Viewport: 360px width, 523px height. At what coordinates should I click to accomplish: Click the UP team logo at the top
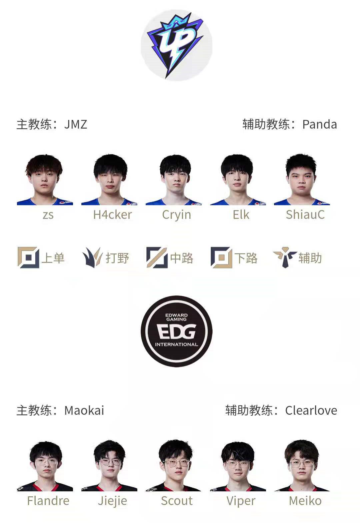coord(176,45)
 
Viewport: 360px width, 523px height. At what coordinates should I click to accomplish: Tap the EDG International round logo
coord(176,331)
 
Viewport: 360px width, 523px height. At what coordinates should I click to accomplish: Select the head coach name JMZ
coord(76,124)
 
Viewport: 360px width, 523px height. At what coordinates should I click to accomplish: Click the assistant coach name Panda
coord(319,124)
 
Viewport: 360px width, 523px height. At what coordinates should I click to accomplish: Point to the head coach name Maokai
coord(84,410)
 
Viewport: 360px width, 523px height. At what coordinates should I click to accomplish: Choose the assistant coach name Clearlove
coord(311,410)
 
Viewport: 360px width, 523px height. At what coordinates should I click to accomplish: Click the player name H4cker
coord(112,215)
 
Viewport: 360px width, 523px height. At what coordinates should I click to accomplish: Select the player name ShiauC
coord(305,215)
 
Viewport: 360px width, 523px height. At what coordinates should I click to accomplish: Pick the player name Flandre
coord(48,501)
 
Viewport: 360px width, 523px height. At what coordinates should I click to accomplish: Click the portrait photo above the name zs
coord(45,180)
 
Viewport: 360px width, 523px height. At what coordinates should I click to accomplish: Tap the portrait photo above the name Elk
coord(238,180)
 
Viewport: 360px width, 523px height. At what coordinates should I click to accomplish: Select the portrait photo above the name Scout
coord(173,466)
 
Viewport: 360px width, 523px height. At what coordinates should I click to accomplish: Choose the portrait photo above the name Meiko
coord(302,466)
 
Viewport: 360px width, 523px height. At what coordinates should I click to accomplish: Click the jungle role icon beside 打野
coord(93,258)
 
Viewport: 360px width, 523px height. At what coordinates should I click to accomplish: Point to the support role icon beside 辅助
coord(285,258)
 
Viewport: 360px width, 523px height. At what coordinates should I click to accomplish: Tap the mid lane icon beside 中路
coord(157,258)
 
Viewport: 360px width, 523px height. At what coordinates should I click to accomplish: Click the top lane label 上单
coord(53,258)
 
